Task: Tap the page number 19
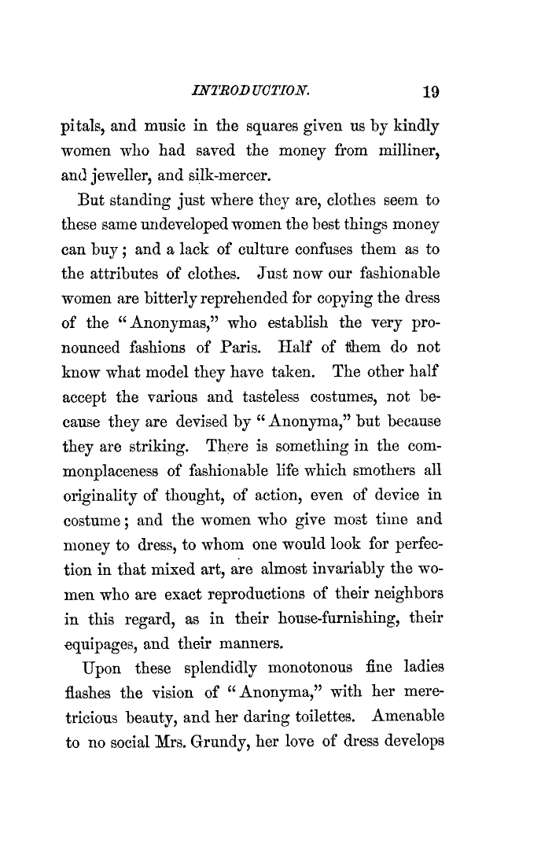(x=429, y=91)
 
